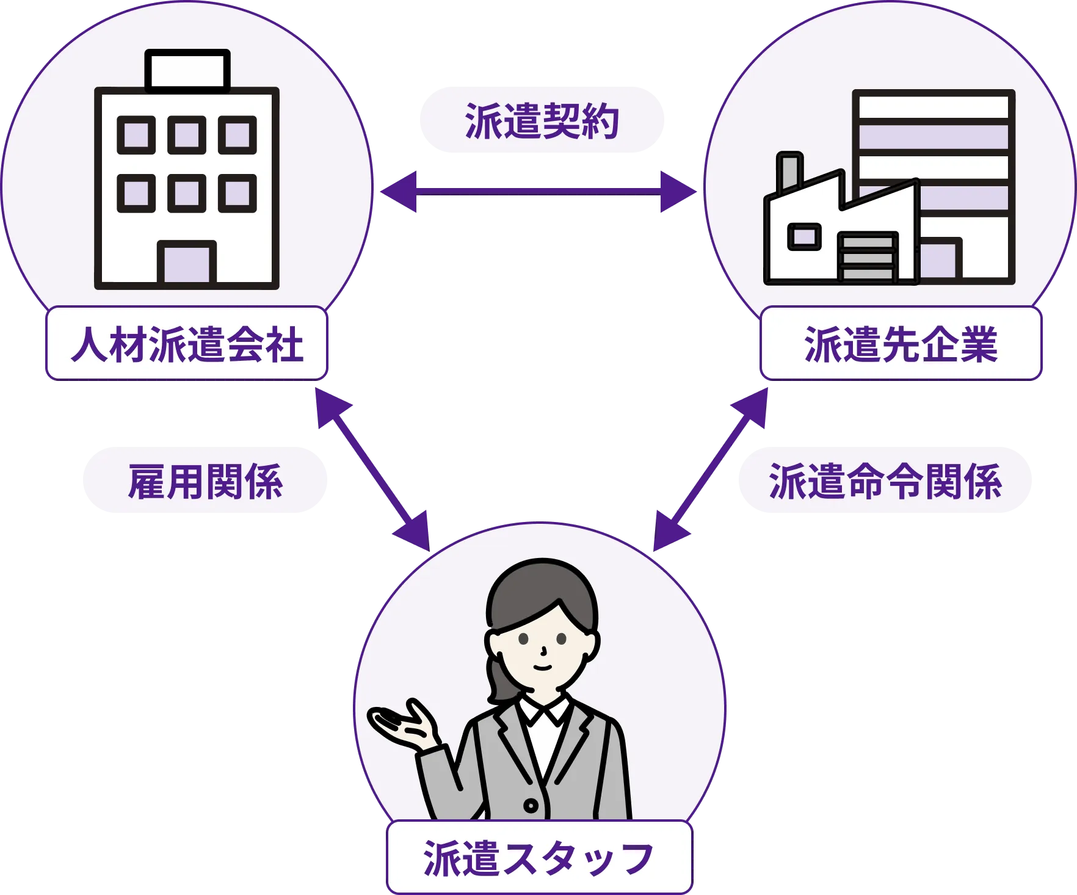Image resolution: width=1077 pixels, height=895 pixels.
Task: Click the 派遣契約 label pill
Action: point(541,120)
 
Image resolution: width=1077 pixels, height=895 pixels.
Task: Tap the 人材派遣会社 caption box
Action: point(186,344)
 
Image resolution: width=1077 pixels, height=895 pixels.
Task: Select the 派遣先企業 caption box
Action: point(900,344)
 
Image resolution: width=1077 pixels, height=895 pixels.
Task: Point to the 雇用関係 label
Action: point(205,480)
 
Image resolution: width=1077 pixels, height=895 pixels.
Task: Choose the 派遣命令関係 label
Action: point(885,480)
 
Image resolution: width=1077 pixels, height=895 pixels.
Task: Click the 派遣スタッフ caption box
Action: point(539,858)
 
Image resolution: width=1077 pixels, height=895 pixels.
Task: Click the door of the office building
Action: point(187,263)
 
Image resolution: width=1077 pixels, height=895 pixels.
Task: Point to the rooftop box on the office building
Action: point(187,70)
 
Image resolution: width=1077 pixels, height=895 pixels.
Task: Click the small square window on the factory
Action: point(804,236)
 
